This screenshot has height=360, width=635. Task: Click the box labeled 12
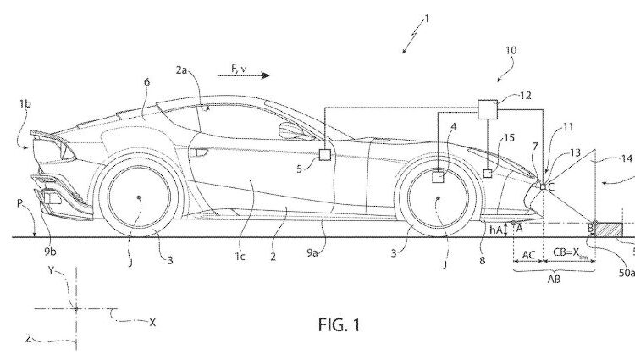tap(488, 109)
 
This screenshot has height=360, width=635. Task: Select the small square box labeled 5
tap(324, 154)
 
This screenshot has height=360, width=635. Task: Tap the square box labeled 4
tap(438, 178)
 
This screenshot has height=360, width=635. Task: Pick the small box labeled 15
tap(488, 174)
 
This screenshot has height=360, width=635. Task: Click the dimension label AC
tap(527, 252)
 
